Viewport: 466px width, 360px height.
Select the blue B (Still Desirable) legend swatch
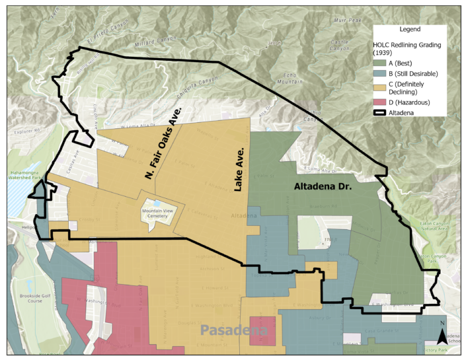384,73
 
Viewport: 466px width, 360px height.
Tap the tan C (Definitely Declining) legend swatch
384,85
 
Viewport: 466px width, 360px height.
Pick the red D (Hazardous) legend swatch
384,102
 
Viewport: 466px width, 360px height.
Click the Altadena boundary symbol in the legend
384,113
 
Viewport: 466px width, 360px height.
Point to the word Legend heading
414,30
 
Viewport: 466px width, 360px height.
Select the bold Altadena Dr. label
323,187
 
